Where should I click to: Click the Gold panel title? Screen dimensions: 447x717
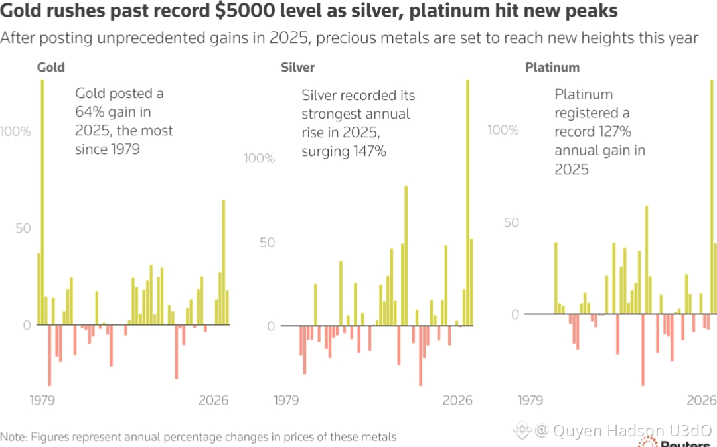pyautogui.click(x=50, y=68)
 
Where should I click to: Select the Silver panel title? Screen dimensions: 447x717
pyautogui.click(x=297, y=68)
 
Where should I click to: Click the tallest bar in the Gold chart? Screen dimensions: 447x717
pyautogui.click(x=42, y=199)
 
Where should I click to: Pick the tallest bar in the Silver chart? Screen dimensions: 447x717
pyautogui.click(x=467, y=199)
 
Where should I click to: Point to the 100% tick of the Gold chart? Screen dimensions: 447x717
pyautogui.click(x=16, y=132)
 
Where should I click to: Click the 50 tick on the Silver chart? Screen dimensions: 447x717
pyautogui.click(x=267, y=243)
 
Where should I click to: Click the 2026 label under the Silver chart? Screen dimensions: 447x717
pyautogui.click(x=457, y=401)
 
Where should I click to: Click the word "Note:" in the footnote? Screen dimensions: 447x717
pyautogui.click(x=13, y=437)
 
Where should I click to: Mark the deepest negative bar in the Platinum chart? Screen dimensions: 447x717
pyautogui.click(x=643, y=350)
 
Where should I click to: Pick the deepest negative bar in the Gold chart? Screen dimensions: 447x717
pyautogui.click(x=49, y=355)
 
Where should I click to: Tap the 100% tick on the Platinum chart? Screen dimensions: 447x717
pyautogui.click(x=503, y=130)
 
